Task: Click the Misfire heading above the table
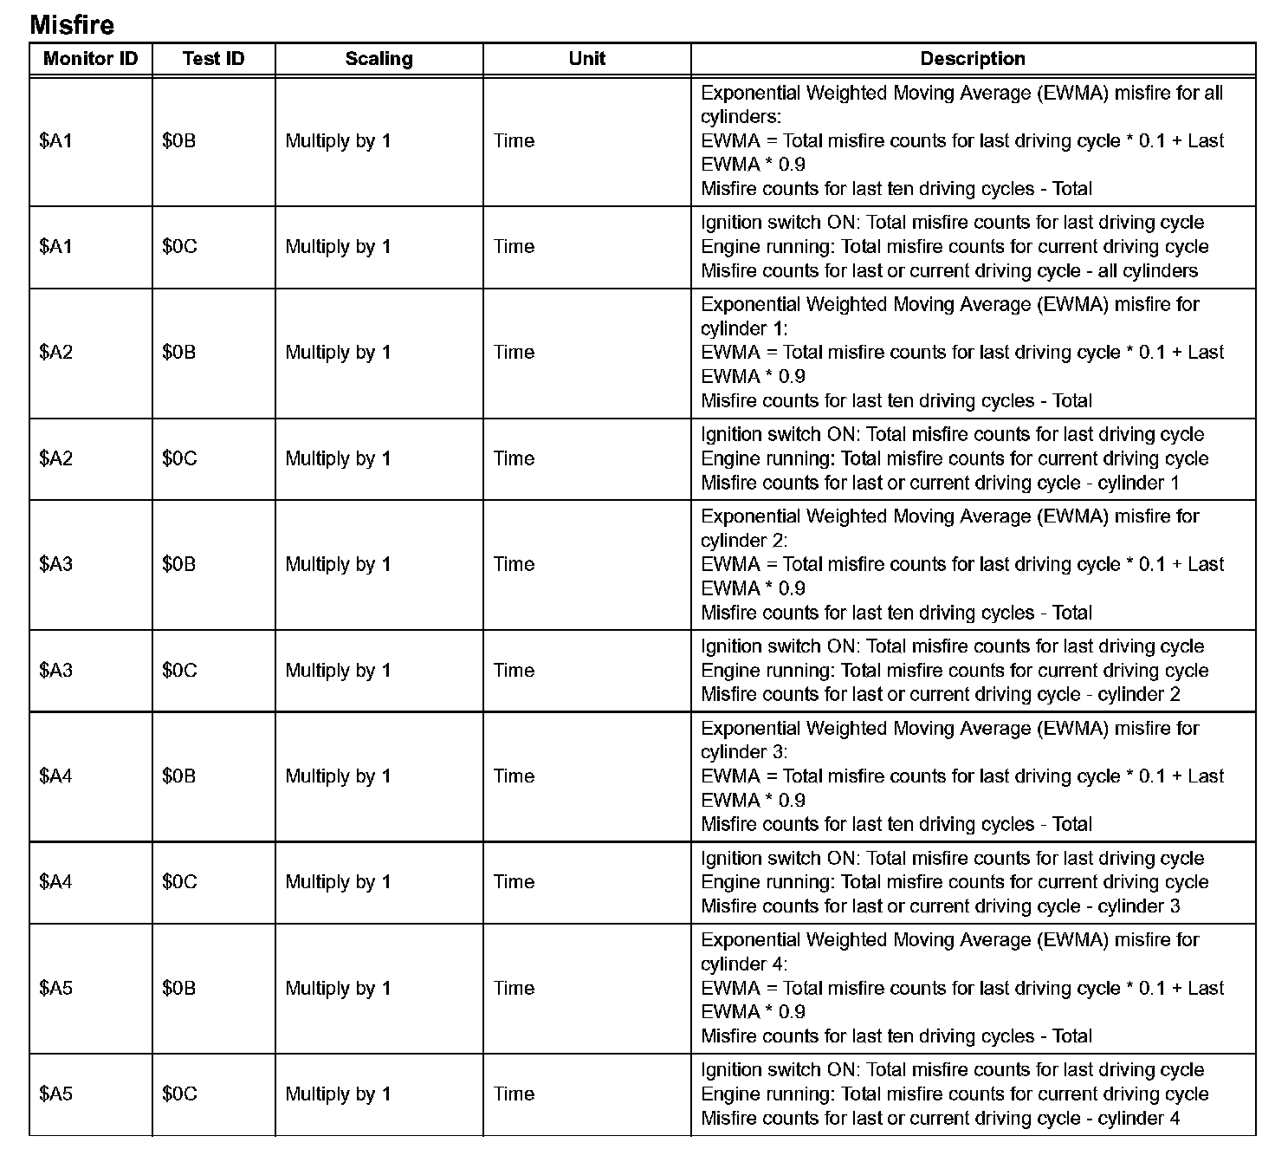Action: [72, 24]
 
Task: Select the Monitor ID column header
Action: [90, 59]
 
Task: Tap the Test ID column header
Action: [213, 59]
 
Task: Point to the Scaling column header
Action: [379, 59]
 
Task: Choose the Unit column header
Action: [586, 59]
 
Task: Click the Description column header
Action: [973, 59]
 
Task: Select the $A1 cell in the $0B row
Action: [56, 140]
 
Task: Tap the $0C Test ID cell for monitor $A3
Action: [179, 670]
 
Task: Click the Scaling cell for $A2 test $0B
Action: [338, 353]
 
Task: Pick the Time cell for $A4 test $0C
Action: [515, 882]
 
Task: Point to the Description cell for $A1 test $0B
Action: [961, 140]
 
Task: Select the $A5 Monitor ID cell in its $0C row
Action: [56, 1094]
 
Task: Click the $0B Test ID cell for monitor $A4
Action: [178, 776]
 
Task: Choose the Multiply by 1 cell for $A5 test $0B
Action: [338, 988]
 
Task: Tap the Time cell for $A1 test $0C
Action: [515, 247]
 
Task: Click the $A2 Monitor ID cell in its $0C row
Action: [56, 458]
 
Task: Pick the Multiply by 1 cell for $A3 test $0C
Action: [338, 670]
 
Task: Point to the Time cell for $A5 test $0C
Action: [515, 1094]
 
